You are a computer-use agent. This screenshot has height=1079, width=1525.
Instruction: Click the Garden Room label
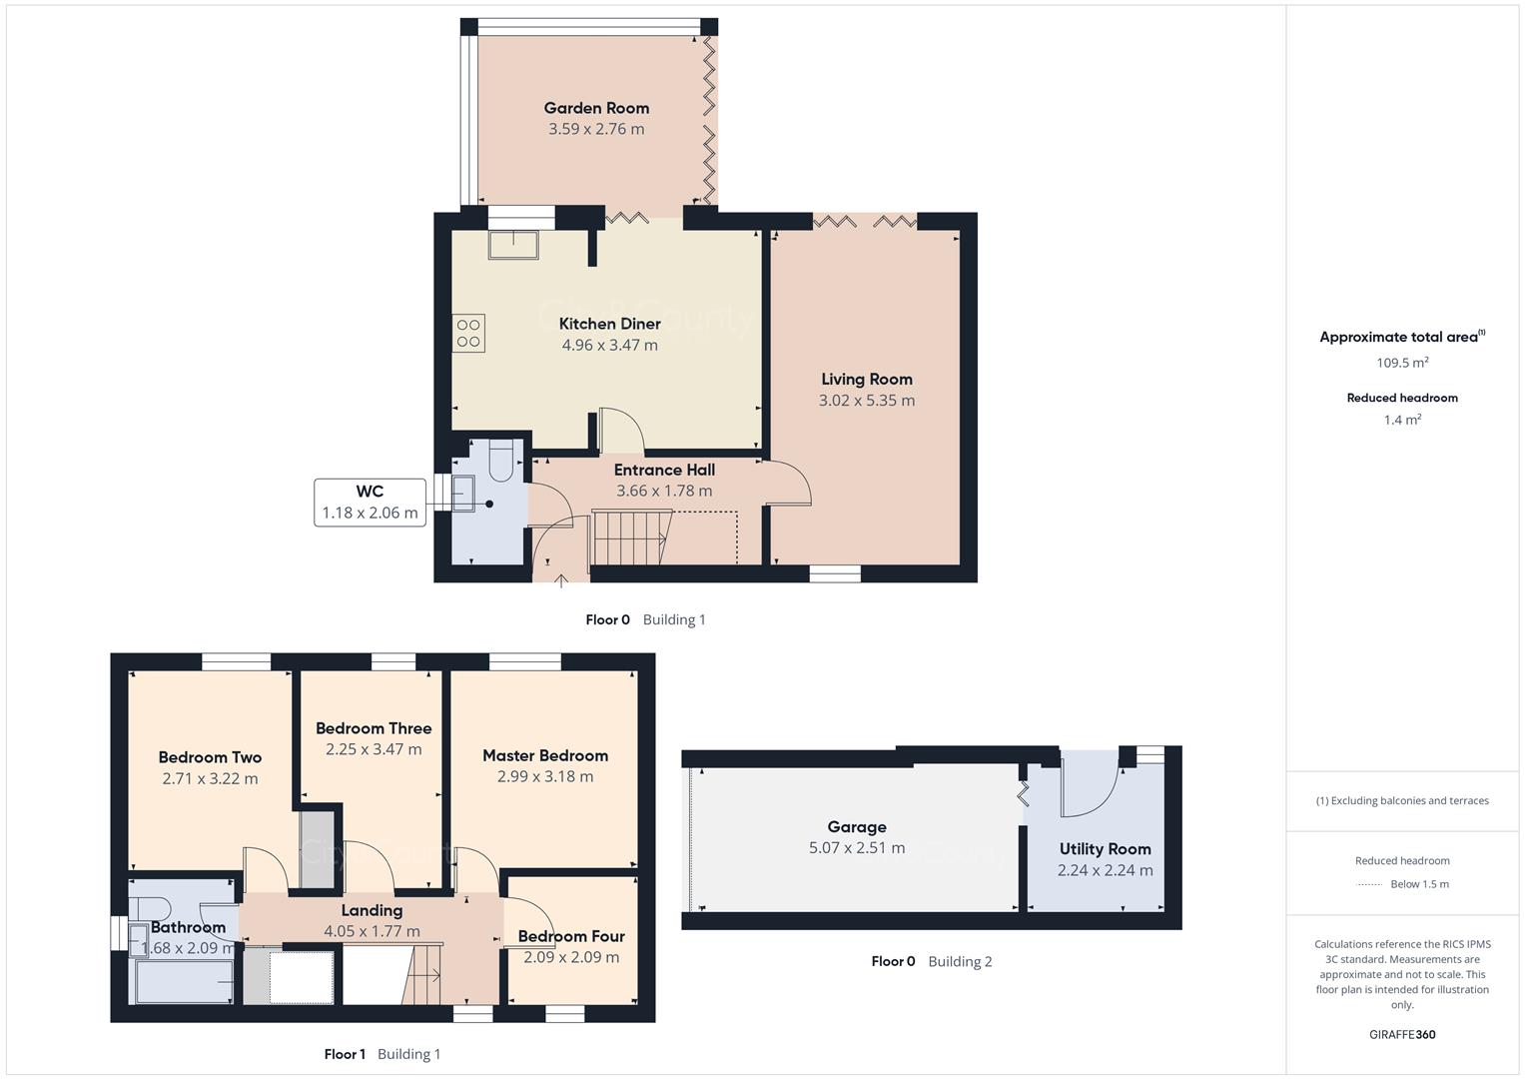tap(596, 108)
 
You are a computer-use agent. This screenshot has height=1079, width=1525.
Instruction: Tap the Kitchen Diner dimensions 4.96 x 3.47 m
tap(609, 346)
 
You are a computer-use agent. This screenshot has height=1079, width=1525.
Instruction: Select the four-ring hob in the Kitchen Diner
tap(468, 334)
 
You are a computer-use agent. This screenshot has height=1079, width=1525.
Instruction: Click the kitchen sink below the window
tap(513, 244)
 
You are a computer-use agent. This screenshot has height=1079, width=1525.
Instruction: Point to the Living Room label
tap(867, 380)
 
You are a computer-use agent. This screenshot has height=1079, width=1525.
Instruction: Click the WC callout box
tap(370, 503)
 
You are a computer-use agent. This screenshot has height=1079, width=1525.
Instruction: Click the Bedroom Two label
tap(210, 757)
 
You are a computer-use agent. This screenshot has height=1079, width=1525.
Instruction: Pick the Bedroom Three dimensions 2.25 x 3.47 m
tap(374, 749)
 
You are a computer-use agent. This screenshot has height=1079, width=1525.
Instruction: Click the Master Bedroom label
tap(545, 756)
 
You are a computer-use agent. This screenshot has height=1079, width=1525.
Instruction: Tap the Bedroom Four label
tap(571, 936)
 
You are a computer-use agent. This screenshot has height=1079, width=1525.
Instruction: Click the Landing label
tap(372, 910)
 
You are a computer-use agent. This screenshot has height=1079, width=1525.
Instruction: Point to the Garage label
tap(857, 827)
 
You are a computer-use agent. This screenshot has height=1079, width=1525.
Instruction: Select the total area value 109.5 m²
tap(1402, 363)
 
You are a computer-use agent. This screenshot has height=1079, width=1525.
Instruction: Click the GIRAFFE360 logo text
tap(1402, 1034)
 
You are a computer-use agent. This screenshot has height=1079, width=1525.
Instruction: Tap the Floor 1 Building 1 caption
tap(382, 1054)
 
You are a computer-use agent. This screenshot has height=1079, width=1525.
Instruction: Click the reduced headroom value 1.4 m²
tap(1402, 421)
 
